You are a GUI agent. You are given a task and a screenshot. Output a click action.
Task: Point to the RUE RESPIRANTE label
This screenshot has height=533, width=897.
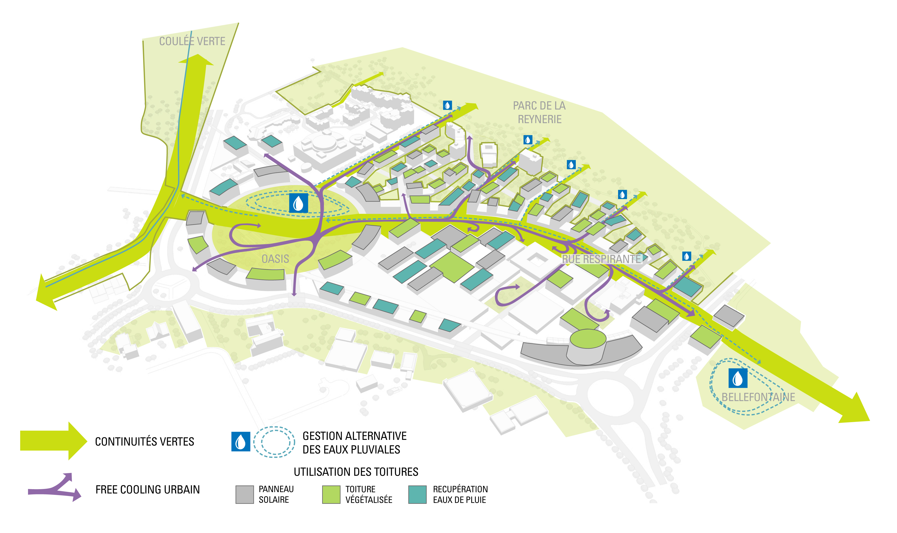(x=601, y=259)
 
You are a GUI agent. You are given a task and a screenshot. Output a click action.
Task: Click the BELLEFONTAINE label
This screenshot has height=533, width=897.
(x=758, y=397)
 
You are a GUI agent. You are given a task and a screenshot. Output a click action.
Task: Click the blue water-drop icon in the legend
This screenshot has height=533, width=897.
(x=241, y=441)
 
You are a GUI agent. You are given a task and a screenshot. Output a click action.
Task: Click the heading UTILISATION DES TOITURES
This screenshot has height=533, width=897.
(x=356, y=472)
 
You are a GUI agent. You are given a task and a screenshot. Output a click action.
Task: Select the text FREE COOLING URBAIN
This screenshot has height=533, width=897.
(x=147, y=490)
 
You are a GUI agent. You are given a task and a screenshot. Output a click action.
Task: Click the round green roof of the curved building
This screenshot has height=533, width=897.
(x=588, y=339)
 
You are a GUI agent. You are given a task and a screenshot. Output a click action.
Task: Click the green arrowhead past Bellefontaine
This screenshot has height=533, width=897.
(x=857, y=409)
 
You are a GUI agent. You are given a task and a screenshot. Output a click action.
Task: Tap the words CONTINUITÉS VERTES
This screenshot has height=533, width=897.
(x=145, y=441)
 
